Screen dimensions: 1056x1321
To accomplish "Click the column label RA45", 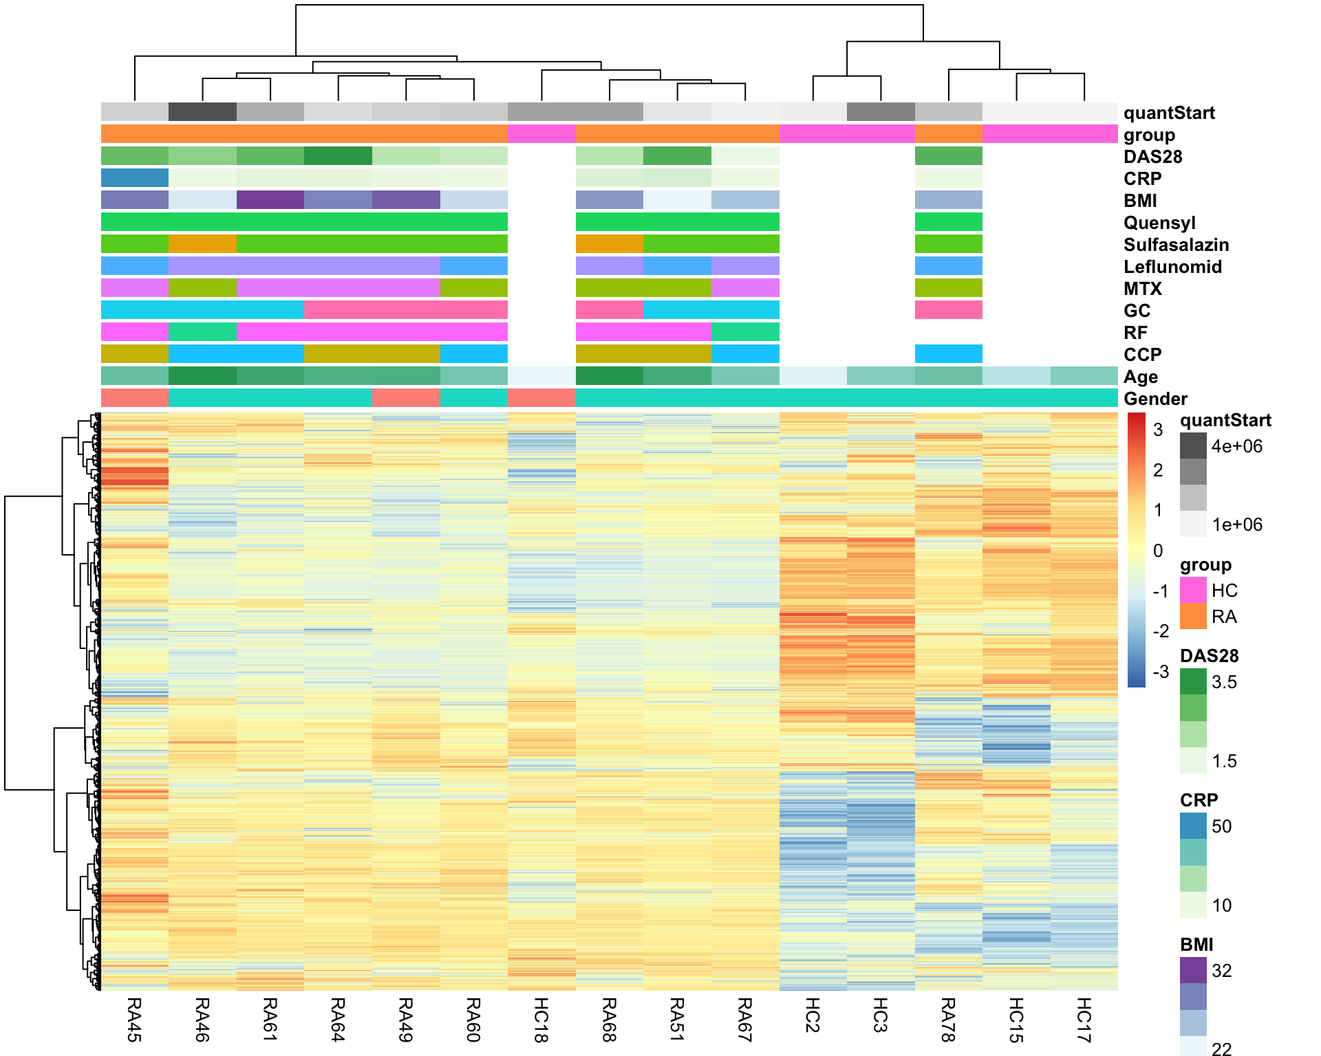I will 134,1019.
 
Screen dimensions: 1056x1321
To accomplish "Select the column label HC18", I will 541,1019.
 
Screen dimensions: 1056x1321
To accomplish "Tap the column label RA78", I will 948,1019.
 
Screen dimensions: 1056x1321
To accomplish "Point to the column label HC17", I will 1084,1019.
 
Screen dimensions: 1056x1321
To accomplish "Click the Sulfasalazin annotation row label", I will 1176,245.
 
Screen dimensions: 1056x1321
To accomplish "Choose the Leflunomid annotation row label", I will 1172,267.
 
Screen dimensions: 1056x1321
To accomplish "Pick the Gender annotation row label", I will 1155,399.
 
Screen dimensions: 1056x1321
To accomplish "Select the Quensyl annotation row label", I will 1159,223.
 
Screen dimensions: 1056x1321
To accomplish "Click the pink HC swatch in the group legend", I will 1193,590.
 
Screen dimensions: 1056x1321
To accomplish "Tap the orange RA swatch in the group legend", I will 1193,616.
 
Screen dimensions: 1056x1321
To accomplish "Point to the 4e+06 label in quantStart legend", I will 1236,446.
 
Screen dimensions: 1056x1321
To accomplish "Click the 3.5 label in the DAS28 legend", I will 1224,682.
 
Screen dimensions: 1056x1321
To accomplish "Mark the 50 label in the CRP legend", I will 1221,826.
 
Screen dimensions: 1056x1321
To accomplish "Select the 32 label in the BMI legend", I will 1221,971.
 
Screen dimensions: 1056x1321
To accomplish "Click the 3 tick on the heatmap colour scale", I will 1158,430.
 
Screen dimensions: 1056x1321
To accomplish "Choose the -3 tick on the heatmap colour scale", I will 1160,672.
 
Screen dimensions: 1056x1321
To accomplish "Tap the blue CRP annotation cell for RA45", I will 135,178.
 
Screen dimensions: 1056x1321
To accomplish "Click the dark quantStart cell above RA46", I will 202,111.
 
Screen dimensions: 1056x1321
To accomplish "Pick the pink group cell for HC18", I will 541,133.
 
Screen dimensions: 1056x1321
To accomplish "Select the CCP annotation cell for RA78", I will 948,354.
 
